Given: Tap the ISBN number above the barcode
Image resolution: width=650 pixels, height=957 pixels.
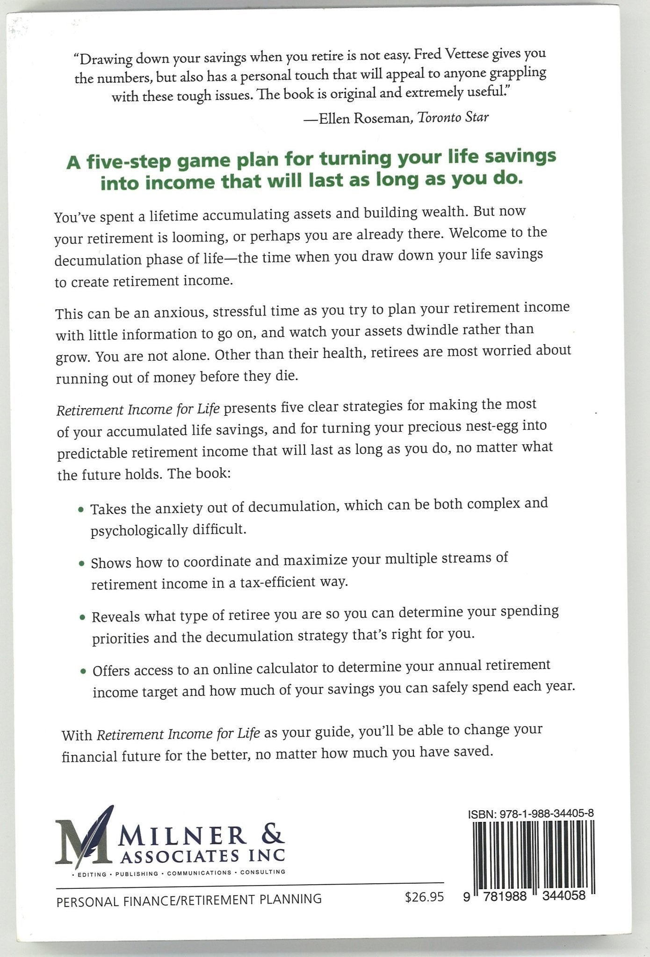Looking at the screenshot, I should [531, 813].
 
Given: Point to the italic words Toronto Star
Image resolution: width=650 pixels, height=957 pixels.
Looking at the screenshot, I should [452, 117].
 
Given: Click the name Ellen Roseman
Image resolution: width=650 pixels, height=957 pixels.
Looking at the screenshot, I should [364, 119].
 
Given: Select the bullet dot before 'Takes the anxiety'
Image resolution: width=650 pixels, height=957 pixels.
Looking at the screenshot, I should [81, 509].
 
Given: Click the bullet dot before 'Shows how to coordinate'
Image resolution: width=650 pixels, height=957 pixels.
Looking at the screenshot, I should [82, 564].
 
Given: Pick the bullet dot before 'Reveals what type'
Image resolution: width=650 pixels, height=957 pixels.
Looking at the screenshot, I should [82, 618].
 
